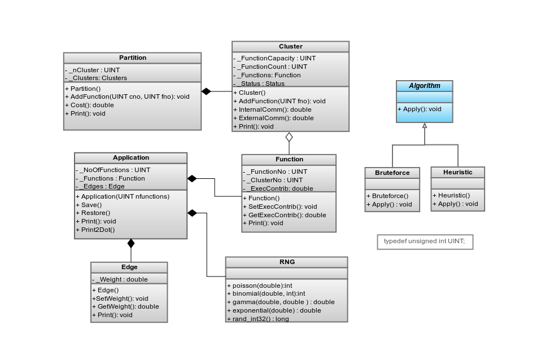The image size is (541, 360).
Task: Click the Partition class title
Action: point(133,58)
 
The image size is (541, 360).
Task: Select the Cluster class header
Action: point(290,46)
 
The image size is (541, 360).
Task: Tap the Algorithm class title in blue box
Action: point(424,86)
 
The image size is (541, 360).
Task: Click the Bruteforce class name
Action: point(392,172)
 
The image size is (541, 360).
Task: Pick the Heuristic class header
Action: point(457,172)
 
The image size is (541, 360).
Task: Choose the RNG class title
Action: point(286,262)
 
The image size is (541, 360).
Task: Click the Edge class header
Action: point(129,267)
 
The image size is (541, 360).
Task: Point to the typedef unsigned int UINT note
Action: point(425,242)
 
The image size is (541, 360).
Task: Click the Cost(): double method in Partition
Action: point(91,105)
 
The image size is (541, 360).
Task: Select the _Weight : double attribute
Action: point(121,279)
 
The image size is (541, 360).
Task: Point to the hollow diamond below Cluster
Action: point(289,137)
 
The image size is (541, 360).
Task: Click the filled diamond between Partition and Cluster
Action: point(206,91)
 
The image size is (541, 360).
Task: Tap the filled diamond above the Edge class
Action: point(131,243)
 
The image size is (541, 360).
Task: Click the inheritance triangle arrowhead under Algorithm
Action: point(425,126)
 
